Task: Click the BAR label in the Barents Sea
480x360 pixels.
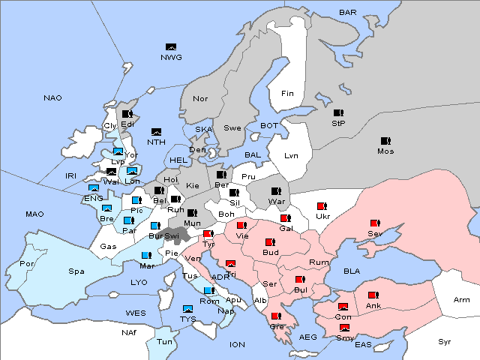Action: (347, 13)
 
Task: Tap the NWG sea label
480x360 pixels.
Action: (172, 58)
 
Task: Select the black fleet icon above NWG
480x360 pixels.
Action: (171, 47)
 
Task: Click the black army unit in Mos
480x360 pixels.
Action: (385, 140)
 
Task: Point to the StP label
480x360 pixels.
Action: (338, 123)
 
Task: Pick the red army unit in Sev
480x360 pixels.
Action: (374, 223)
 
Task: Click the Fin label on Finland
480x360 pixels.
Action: (287, 93)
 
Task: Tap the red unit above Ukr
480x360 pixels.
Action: (322, 205)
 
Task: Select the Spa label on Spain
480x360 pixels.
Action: (76, 271)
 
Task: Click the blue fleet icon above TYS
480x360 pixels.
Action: (187, 308)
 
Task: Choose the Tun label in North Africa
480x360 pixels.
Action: (165, 341)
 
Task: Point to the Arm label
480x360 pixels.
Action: (463, 300)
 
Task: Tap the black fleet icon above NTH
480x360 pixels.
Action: (157, 131)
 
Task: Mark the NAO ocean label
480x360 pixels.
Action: (53, 98)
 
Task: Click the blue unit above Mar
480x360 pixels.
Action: (146, 255)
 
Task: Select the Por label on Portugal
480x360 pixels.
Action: (27, 264)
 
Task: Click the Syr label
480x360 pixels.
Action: (445, 341)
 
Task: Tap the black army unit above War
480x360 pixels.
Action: (276, 190)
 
